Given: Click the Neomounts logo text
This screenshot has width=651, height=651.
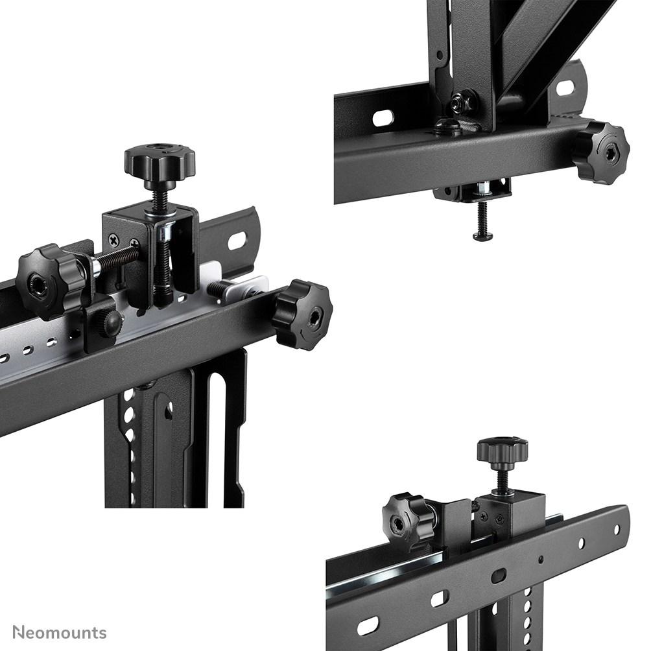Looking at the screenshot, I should click(x=60, y=632).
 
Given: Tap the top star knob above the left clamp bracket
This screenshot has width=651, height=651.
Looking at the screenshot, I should click(x=160, y=159).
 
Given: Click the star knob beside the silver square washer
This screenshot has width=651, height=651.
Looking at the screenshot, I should click(x=302, y=314).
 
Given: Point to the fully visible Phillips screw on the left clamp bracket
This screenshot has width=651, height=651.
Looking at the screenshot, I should click(x=114, y=240).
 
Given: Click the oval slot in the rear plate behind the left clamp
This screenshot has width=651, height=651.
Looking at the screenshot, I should click(x=237, y=241).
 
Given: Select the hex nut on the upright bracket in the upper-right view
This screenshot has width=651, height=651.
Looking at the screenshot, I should click(x=462, y=102).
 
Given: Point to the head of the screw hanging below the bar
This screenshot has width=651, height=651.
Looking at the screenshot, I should click(x=482, y=236).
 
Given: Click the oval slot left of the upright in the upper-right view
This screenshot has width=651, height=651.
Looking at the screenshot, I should click(x=383, y=118).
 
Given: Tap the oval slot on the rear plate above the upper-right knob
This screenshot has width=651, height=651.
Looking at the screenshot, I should click(x=566, y=87).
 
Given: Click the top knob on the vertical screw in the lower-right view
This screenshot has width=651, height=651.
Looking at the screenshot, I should click(x=503, y=449).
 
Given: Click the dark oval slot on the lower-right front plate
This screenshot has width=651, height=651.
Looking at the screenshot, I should click(x=499, y=575).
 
